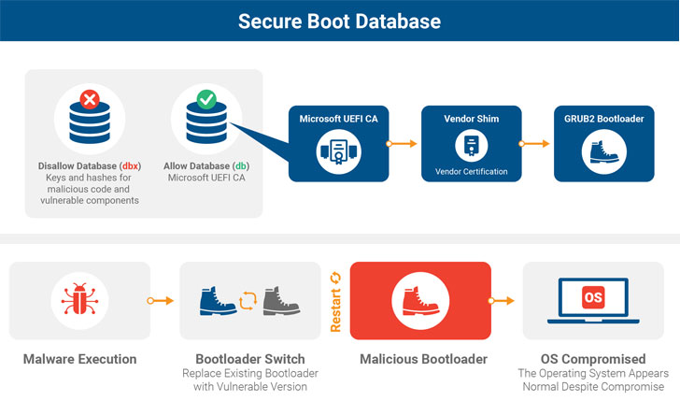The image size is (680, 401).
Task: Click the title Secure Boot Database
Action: [340, 20]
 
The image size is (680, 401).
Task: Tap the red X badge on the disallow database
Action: [91, 99]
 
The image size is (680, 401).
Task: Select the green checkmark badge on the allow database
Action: [207, 98]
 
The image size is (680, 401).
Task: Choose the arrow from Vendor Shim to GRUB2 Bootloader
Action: [532, 144]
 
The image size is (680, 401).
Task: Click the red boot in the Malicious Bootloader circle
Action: [419, 300]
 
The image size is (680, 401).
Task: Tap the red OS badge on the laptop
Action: [593, 297]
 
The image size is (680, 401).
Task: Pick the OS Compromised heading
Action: [593, 359]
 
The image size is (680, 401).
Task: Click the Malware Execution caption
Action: [79, 359]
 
